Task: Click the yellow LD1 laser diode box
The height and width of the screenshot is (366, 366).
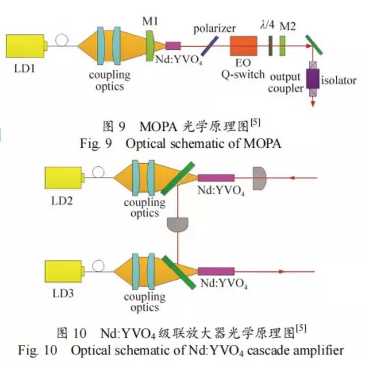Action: coord(25,47)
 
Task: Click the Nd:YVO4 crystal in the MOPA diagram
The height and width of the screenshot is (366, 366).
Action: coord(173,47)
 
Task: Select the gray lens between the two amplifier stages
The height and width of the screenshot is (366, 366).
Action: coord(177,225)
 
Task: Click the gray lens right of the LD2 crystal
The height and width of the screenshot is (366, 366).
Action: coord(259,179)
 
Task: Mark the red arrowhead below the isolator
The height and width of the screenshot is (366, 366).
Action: coord(313,105)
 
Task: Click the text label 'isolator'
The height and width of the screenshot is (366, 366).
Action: coord(340,81)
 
